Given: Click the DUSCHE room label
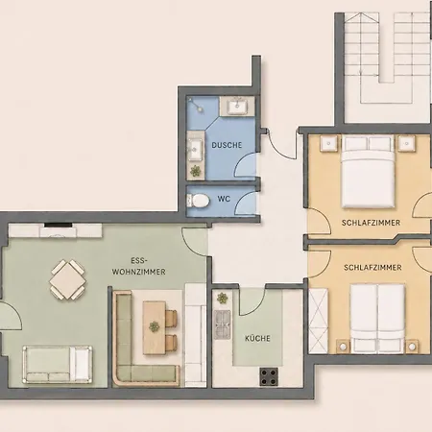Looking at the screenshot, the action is [x=227, y=145].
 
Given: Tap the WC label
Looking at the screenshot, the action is [x=224, y=199].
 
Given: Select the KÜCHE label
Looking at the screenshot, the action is [x=257, y=338].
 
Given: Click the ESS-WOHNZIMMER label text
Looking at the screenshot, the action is [x=139, y=266].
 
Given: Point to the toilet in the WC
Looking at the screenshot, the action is [x=198, y=201].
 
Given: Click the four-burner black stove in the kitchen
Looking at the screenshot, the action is [x=269, y=376].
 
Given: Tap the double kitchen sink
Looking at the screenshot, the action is [x=222, y=324].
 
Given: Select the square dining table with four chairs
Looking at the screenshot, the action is [x=68, y=279].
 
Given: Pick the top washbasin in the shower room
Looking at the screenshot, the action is [x=237, y=106].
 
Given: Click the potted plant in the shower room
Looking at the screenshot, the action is [x=195, y=172].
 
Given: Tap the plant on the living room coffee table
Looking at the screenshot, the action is [x=154, y=326].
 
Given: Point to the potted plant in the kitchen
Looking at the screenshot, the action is [x=222, y=299].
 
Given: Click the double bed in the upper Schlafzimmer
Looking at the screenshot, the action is [x=368, y=171].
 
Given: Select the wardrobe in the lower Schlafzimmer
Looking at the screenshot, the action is [x=319, y=321].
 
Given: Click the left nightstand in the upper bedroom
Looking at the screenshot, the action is [x=328, y=143].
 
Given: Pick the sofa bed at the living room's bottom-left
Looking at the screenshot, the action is [x=58, y=365].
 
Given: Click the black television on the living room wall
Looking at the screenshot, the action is [x=58, y=225].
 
